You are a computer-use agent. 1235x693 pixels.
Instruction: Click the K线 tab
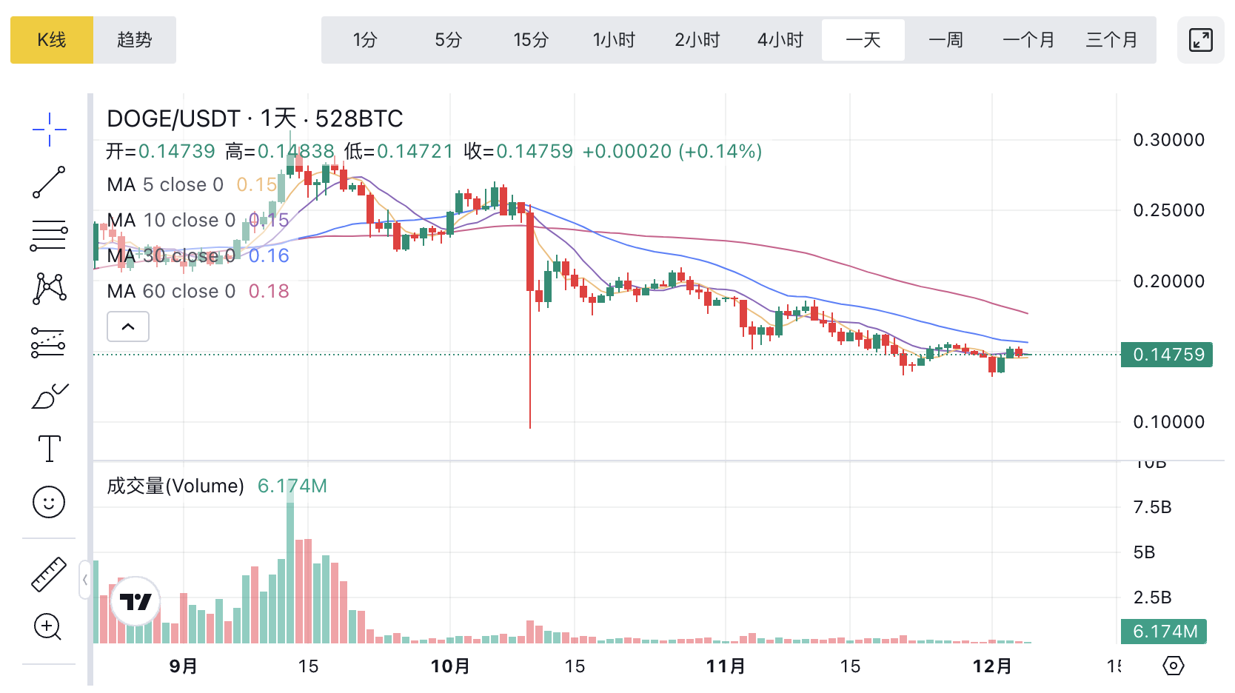click(52, 40)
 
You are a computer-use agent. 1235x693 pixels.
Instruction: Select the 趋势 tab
click(135, 40)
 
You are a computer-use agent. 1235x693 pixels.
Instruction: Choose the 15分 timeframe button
click(531, 40)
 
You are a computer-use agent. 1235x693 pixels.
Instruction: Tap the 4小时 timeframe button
click(780, 40)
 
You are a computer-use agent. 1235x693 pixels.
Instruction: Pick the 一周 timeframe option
click(946, 40)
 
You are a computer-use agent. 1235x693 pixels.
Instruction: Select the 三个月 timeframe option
click(1111, 40)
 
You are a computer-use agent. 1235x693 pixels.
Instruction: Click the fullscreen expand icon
click(1200, 40)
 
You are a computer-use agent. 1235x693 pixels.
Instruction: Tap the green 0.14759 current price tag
click(1168, 355)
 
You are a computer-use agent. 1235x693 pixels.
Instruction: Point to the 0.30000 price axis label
click(1168, 140)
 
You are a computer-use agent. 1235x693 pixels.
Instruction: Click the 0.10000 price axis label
click(1168, 422)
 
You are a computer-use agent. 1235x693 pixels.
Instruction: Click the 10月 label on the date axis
click(450, 666)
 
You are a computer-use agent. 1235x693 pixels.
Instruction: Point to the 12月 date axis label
click(992, 666)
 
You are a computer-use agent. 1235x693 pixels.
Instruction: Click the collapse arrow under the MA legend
click(128, 327)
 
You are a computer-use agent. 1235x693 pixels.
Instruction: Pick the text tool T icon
click(49, 449)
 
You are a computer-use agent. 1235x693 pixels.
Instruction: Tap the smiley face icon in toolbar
click(49, 502)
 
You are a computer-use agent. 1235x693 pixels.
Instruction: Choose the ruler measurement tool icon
click(49, 575)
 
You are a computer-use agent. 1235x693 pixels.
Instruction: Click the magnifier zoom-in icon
click(48, 627)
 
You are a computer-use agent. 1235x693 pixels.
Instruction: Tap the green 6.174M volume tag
click(1164, 632)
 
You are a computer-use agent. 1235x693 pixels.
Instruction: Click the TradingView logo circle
click(135, 601)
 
